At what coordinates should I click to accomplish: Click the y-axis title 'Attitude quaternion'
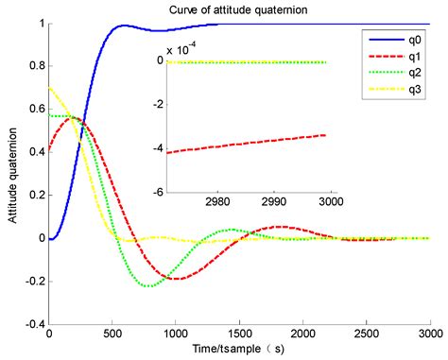[11, 175]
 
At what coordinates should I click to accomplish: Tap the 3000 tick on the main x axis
[429, 334]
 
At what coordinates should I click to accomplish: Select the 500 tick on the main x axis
[112, 334]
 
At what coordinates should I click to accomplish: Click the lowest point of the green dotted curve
[148, 285]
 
